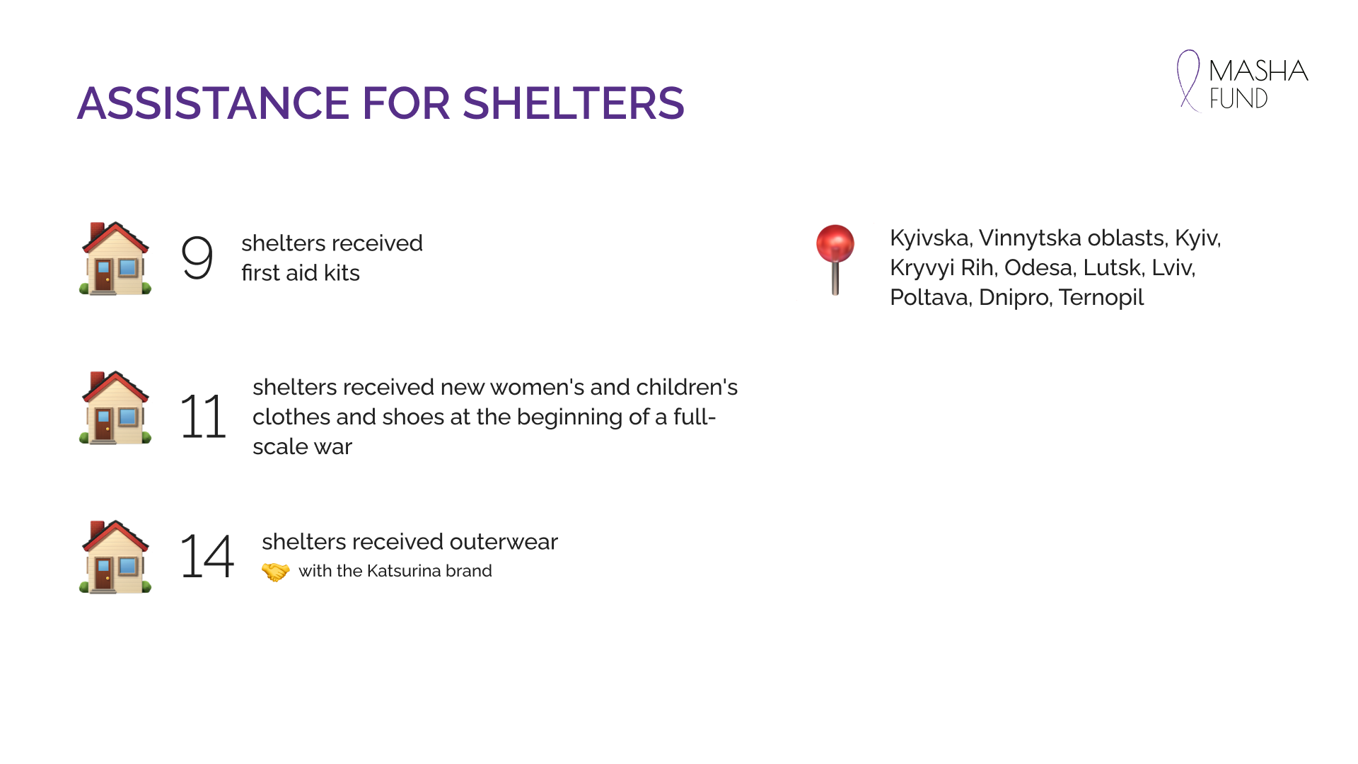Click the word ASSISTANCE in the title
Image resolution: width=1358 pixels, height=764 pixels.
coord(213,103)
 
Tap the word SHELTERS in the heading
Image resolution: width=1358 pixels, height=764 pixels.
coord(574,103)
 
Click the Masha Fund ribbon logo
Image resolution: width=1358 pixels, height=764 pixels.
coord(1189,81)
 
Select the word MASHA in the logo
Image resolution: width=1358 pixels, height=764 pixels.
coord(1259,71)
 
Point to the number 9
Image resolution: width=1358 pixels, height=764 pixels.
coord(197,257)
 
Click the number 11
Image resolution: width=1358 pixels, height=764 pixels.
coord(203,416)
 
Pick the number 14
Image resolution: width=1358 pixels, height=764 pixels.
coord(207,556)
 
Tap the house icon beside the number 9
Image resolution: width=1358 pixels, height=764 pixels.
coord(115,258)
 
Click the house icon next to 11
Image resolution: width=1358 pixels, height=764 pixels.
coord(115,408)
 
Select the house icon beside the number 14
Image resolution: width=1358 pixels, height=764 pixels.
coord(115,557)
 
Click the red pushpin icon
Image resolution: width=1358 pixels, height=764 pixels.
coord(835,260)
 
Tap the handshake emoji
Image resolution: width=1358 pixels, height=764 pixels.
coord(275,571)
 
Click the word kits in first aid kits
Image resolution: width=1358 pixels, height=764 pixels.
coord(342,273)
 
